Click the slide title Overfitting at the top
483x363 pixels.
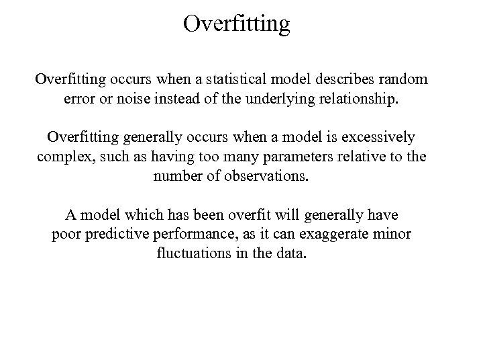pos(237,24)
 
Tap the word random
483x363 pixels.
pos(404,80)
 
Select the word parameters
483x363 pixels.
pos(280,157)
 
